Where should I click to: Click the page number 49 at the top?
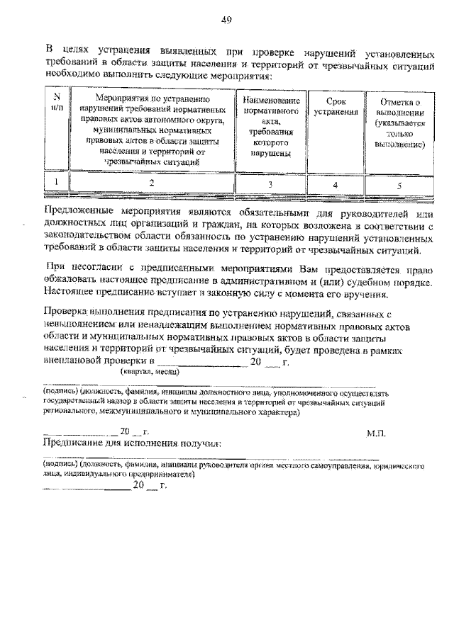[226, 20]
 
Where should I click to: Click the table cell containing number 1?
[58, 183]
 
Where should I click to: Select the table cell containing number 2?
[150, 183]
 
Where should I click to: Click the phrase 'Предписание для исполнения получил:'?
[133, 443]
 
